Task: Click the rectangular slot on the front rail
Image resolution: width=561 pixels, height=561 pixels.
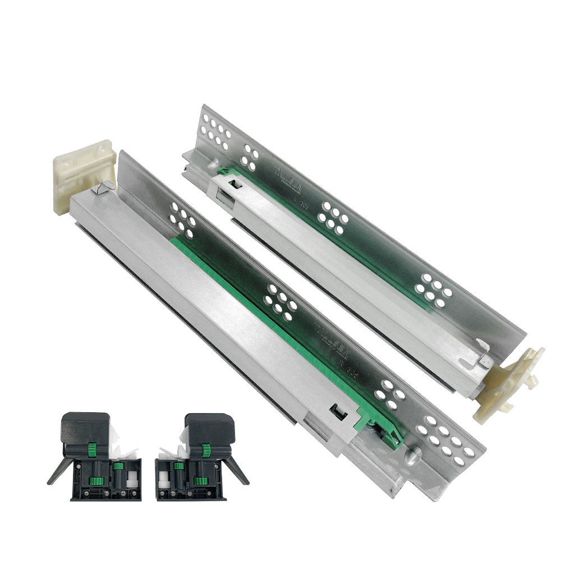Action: [x=339, y=412]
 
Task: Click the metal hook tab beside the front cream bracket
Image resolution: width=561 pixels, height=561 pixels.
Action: [x=101, y=189]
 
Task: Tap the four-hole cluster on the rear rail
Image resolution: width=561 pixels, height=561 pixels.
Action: [x=249, y=158]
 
